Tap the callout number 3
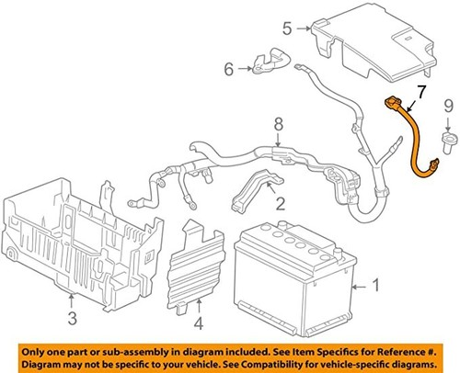pos(72,318)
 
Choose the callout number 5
pos(286,28)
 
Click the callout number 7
pos(420,92)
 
